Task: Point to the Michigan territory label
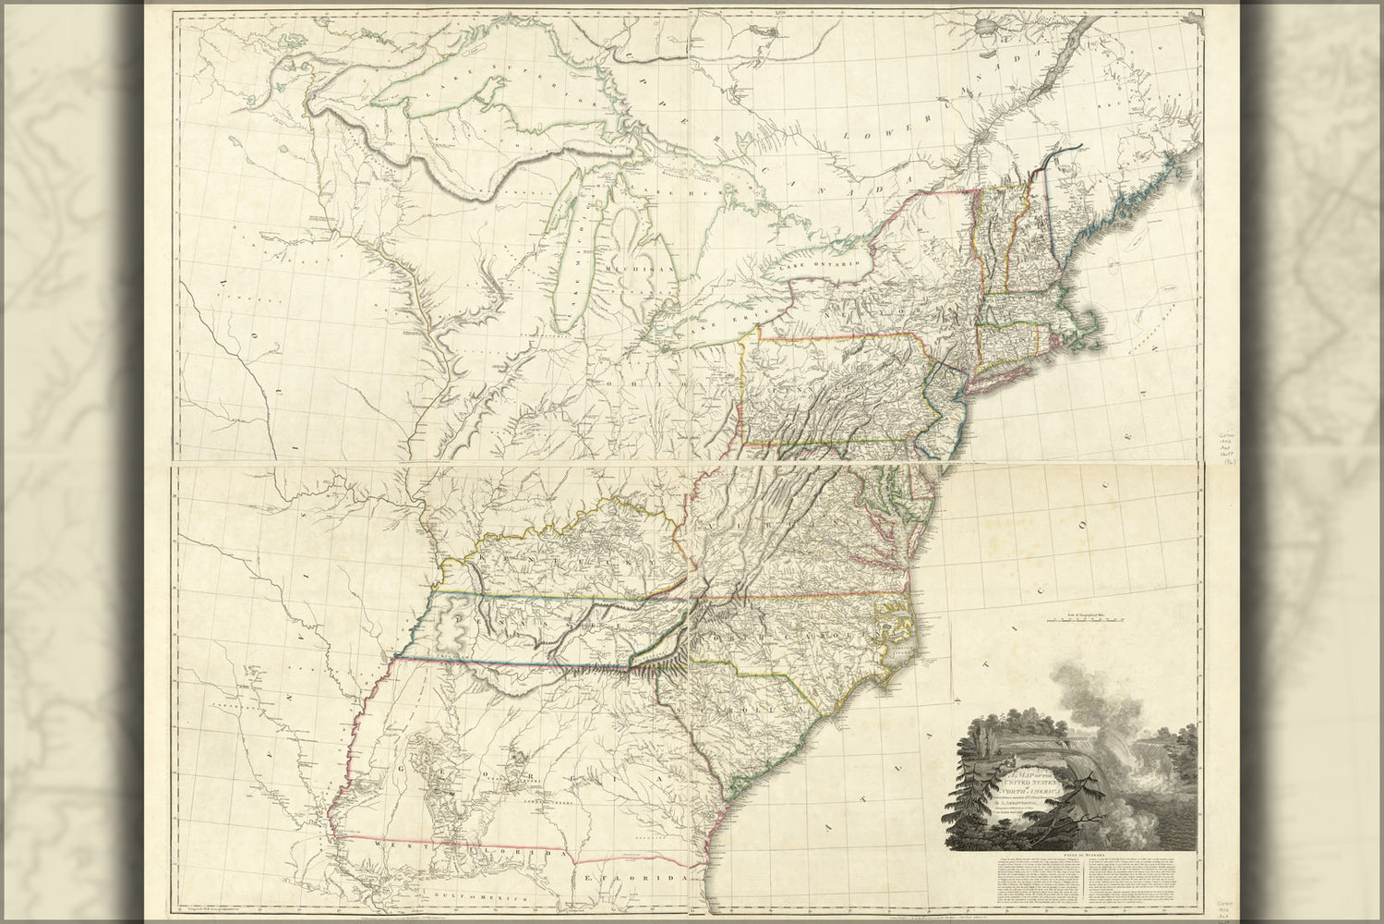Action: pyautogui.click(x=631, y=268)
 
